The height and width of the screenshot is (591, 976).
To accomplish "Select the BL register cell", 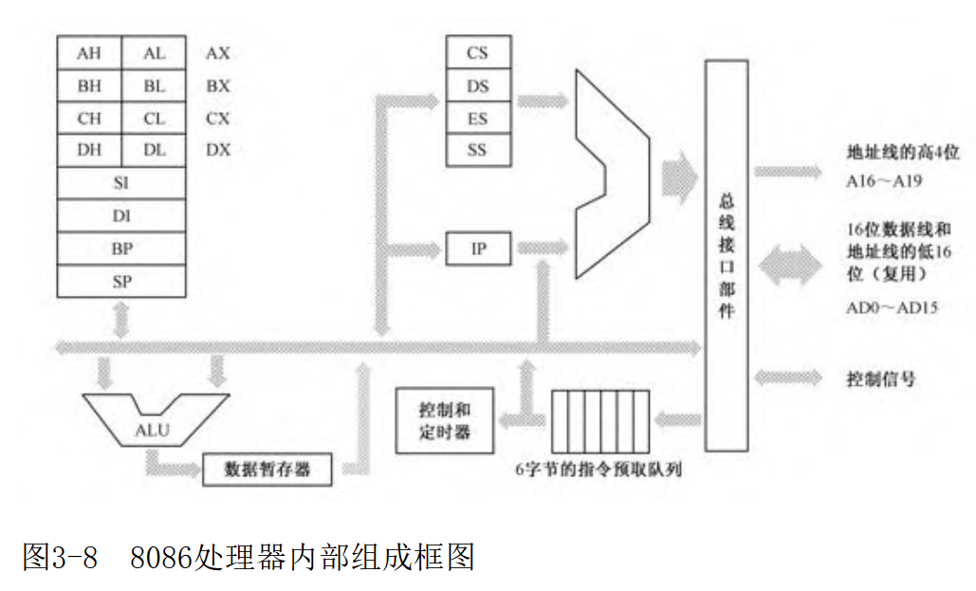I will click(154, 86).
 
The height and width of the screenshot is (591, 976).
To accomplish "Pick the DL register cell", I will click(154, 151).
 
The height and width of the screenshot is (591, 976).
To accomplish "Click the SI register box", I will click(121, 183).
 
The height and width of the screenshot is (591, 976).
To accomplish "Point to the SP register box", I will click(121, 281).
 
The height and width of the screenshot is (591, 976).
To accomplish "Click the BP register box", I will click(121, 249).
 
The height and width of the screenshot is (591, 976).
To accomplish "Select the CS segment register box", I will click(477, 53).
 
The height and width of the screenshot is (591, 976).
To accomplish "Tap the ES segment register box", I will click(477, 118).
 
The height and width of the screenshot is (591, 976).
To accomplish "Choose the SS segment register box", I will click(477, 150).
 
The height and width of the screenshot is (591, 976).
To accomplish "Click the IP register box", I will click(478, 249).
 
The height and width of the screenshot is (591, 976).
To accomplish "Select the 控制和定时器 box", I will click(445, 420).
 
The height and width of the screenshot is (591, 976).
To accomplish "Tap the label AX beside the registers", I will click(217, 54).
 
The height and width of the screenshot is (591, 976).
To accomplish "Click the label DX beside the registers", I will click(217, 151).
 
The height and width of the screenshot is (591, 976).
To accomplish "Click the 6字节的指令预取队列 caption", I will click(598, 470).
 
